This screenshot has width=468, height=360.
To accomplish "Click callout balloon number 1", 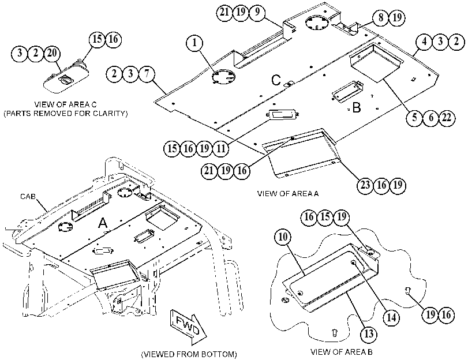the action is [194, 43].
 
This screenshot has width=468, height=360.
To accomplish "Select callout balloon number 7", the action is [147, 73].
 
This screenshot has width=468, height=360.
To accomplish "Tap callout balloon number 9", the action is [257, 12].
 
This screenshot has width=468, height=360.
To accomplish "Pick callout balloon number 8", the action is [380, 18].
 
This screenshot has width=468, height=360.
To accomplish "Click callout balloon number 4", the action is [424, 42].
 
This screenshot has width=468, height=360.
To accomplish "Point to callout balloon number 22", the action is [447, 118].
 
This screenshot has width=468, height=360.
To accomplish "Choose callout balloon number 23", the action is [365, 185].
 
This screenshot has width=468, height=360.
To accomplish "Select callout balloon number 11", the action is [221, 148].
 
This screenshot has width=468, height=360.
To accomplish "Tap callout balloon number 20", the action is [52, 54].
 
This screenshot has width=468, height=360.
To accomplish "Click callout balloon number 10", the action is [283, 237].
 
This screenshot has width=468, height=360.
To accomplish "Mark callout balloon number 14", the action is [391, 318].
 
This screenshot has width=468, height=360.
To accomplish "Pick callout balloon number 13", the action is [369, 333].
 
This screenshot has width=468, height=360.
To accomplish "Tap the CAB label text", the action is [28, 196].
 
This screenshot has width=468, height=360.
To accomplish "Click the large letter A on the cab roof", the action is [103, 223].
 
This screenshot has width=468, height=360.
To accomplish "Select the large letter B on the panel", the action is [357, 107].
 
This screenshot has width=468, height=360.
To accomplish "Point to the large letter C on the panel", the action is [276, 80].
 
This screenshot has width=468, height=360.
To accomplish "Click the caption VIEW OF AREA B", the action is [342, 352].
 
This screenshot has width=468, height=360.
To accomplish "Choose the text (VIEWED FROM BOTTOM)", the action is [189, 354].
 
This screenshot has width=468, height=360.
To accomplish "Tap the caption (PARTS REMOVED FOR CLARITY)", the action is [65, 114].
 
